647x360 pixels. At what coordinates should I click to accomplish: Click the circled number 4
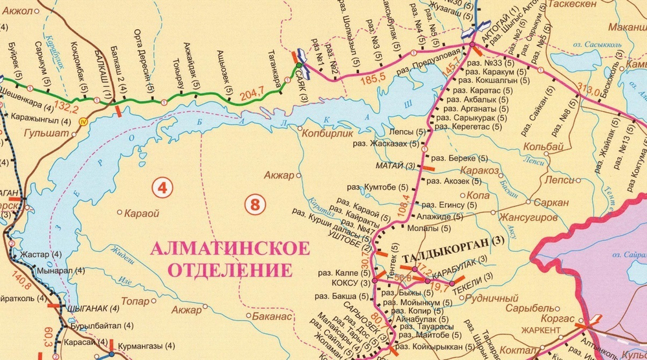(x=162, y=188)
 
